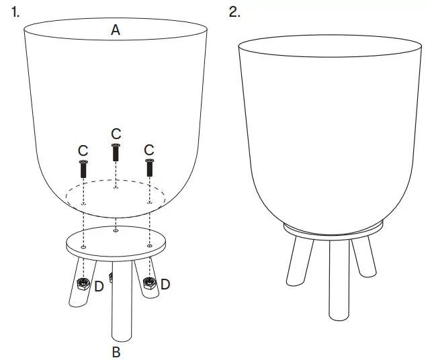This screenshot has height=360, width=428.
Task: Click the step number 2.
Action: pyautogui.click(x=234, y=13)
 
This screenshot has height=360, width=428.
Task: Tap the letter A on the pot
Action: pyautogui.click(x=116, y=30)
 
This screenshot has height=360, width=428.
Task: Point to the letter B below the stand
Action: pyautogui.click(x=116, y=351)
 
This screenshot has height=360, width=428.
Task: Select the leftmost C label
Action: pyautogui.click(x=83, y=150)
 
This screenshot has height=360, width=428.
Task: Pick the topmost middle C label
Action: pyautogui.click(x=116, y=132)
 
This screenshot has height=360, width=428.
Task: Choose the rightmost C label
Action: pyautogui.click(x=149, y=149)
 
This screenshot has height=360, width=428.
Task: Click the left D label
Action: pyautogui.click(x=99, y=287)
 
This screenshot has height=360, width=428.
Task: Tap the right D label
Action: pyautogui.click(x=165, y=284)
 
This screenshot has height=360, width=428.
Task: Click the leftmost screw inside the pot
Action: pyautogui.click(x=83, y=169)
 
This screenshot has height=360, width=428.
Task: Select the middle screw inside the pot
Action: pyautogui.click(x=116, y=152)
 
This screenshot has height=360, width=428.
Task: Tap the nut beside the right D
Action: pyautogui.click(x=149, y=283)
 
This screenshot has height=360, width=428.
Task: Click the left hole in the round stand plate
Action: pyautogui.click(x=83, y=247)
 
